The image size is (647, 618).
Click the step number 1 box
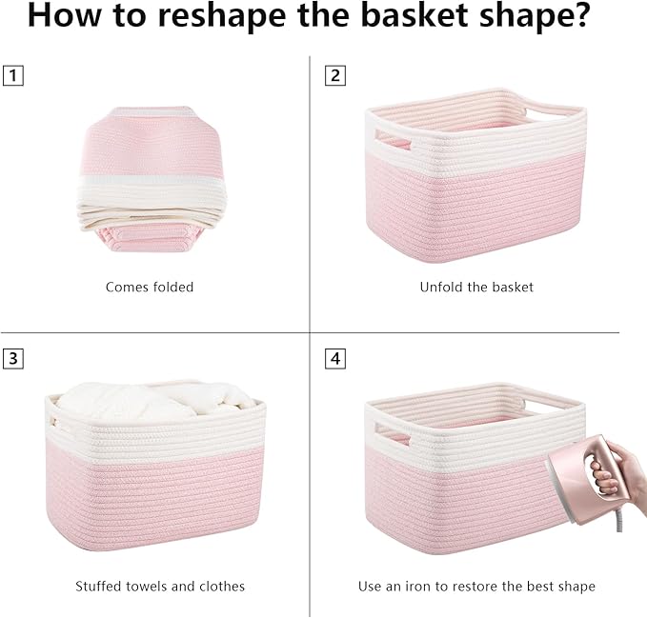tap(12, 75)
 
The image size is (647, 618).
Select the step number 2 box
tap(334, 75)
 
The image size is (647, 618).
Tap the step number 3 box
tap(12, 359)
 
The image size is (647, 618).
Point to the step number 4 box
tap(334, 359)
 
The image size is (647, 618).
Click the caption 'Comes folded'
tap(150, 287)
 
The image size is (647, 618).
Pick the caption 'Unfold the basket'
tap(476, 287)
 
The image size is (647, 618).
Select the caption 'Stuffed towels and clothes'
tap(160, 586)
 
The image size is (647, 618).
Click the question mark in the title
tap(579, 18)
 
